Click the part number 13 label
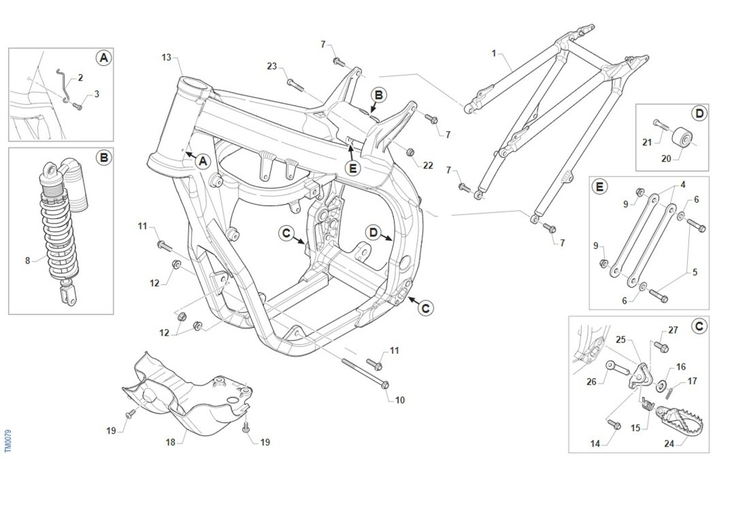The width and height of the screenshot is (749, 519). [x=166, y=57]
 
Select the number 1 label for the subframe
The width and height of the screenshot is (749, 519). [x=494, y=54]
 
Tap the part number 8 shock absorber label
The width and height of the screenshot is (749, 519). [x=27, y=261]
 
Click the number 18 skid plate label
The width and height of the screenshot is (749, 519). [x=170, y=442]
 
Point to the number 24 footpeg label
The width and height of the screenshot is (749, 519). [x=670, y=444]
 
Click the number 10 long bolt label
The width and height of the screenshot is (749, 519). [x=400, y=400]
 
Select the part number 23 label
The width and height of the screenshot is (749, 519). [x=272, y=66]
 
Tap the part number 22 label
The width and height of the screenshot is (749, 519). [x=428, y=165]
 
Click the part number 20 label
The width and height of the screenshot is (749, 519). [x=666, y=158]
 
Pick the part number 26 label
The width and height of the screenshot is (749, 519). [x=591, y=382]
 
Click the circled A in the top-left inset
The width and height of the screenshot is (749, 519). [x=104, y=58]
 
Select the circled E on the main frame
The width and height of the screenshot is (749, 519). [x=353, y=167]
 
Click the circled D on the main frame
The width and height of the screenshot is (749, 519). [x=373, y=233]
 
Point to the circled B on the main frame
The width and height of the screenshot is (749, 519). [x=378, y=95]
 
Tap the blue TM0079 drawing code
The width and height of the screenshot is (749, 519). [x=8, y=440]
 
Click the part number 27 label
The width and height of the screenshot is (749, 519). [x=673, y=330]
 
